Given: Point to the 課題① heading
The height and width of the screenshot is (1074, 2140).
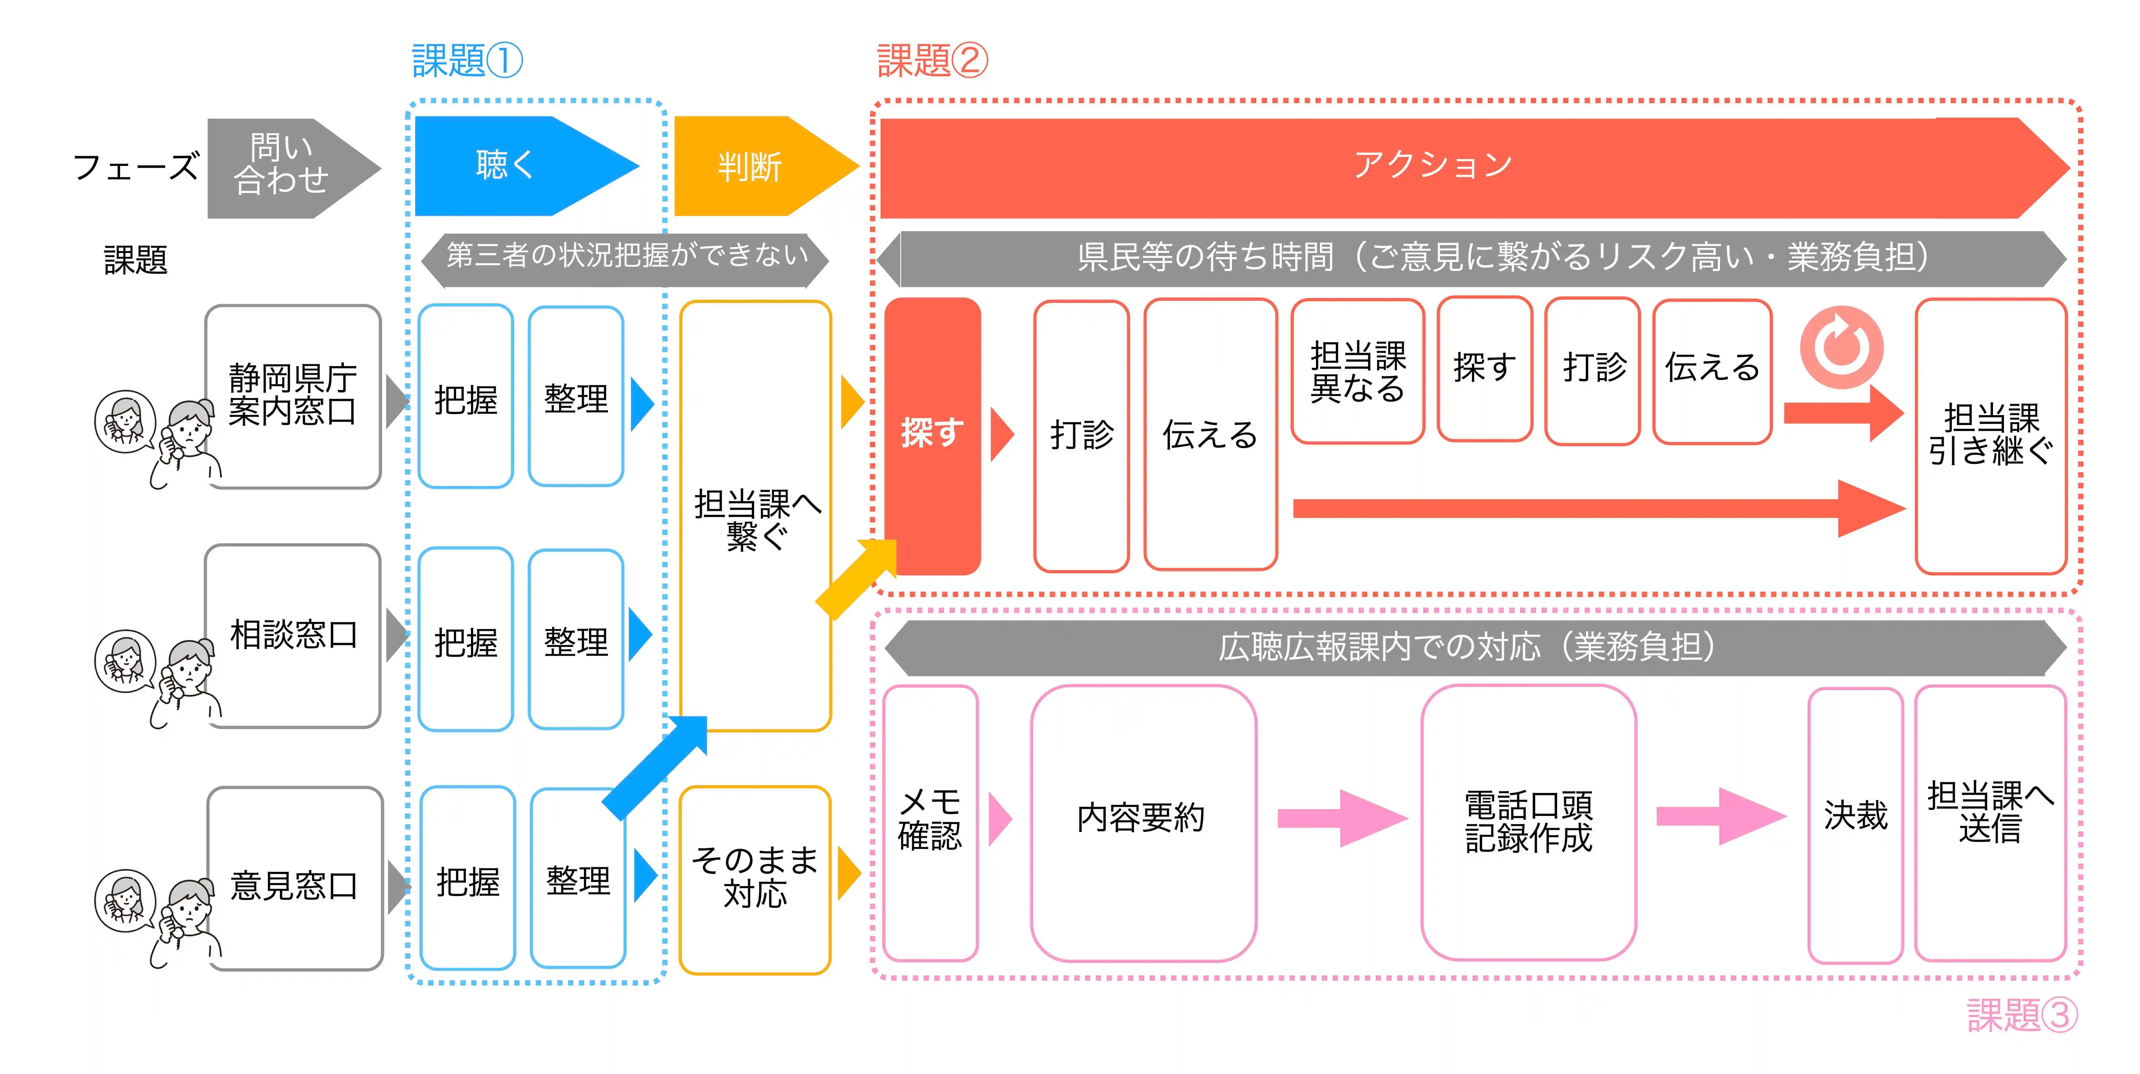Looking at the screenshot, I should tap(467, 61).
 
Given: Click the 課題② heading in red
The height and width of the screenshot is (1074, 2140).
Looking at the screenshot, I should tap(932, 61).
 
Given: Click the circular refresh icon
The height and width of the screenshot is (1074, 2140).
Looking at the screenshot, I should tap(1841, 347).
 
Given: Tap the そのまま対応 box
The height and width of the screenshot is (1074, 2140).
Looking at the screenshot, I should tap(754, 878).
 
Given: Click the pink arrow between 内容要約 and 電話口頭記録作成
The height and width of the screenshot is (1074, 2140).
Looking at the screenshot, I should tap(1339, 818).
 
